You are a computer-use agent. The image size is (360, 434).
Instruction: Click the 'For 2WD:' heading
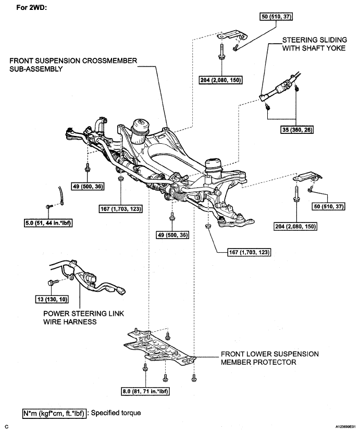(32, 7)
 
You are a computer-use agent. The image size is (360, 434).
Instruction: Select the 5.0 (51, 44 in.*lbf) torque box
(48, 223)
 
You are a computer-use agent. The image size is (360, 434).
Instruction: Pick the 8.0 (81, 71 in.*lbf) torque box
(145, 391)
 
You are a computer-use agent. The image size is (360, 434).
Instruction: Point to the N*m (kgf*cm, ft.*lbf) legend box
(54, 413)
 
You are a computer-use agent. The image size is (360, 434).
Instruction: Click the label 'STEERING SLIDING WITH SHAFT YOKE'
(314, 44)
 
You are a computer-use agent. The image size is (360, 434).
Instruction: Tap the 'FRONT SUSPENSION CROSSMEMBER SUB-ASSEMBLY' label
(73, 65)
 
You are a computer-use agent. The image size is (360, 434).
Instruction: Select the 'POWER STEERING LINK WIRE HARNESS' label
(83, 317)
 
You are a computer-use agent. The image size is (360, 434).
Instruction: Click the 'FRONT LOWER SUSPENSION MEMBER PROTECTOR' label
(270, 358)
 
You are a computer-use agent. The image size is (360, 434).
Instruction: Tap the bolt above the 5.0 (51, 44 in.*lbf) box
(48, 206)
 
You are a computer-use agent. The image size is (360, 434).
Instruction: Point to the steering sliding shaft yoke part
(279, 87)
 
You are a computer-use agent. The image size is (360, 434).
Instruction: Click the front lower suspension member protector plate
(159, 348)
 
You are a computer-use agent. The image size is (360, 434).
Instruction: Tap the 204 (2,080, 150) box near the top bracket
(221, 80)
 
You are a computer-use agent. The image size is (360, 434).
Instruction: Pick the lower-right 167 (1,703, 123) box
(250, 252)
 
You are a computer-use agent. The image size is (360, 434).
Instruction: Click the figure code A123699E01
(346, 427)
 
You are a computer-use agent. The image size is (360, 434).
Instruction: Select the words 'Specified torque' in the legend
(116, 413)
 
